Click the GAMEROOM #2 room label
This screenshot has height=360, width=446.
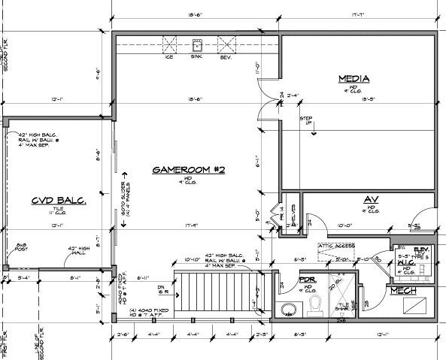pyautogui.click(x=189, y=170)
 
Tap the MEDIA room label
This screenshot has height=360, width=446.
pyautogui.click(x=353, y=78)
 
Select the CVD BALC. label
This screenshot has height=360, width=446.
pyautogui.click(x=58, y=201)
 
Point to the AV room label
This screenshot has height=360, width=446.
pyautogui.click(x=370, y=199)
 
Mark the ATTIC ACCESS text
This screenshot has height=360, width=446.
pyautogui.click(x=336, y=246)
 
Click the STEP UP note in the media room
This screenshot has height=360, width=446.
pyautogui.click(x=308, y=120)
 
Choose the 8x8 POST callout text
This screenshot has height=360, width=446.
pyautogui.click(x=23, y=248)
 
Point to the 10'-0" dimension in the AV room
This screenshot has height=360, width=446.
pyautogui.click(x=344, y=224)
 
